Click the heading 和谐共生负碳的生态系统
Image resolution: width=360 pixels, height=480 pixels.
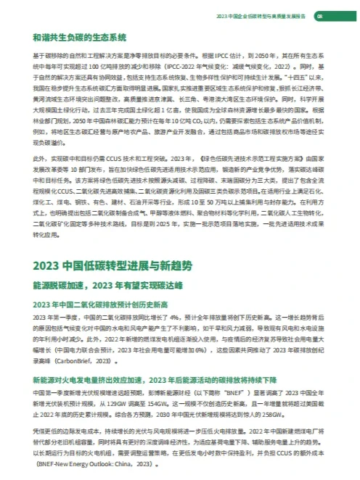coord(80,36)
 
